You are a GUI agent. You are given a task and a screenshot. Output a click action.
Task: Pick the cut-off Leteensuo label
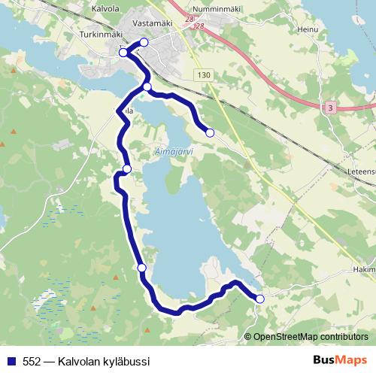tap(362, 171)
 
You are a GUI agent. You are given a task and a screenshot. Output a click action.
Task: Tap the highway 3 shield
tap(329, 108)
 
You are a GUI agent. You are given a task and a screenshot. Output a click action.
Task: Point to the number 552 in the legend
tap(32, 361)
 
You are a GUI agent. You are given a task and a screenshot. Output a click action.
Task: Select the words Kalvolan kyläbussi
tap(107, 361)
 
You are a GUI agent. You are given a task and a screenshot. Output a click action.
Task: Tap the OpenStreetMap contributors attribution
tap(311, 337)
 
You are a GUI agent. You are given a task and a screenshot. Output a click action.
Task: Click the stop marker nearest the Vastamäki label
tap(144, 42)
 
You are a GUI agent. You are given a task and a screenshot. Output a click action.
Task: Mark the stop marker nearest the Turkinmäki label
tap(123, 53)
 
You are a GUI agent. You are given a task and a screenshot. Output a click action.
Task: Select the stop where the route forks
tap(147, 87)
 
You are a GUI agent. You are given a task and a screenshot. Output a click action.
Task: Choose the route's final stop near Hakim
tap(260, 299)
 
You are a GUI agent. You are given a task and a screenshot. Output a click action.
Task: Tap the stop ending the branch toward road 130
tap(210, 133)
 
